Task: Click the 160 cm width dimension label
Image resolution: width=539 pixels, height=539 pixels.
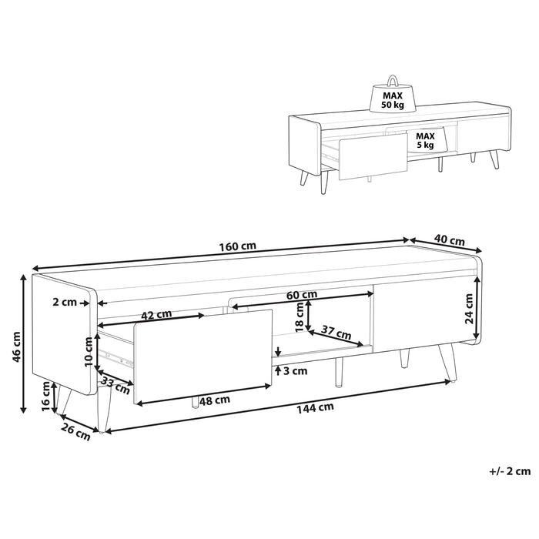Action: tap(237, 247)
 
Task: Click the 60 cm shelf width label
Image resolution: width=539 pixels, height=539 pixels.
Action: tap(302, 295)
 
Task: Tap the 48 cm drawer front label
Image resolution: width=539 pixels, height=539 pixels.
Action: tap(213, 400)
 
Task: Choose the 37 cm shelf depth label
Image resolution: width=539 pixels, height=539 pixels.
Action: tap(336, 333)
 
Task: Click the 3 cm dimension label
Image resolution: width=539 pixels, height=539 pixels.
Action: tap(294, 370)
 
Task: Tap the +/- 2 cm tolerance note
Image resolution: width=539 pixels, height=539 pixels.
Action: tap(510, 469)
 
